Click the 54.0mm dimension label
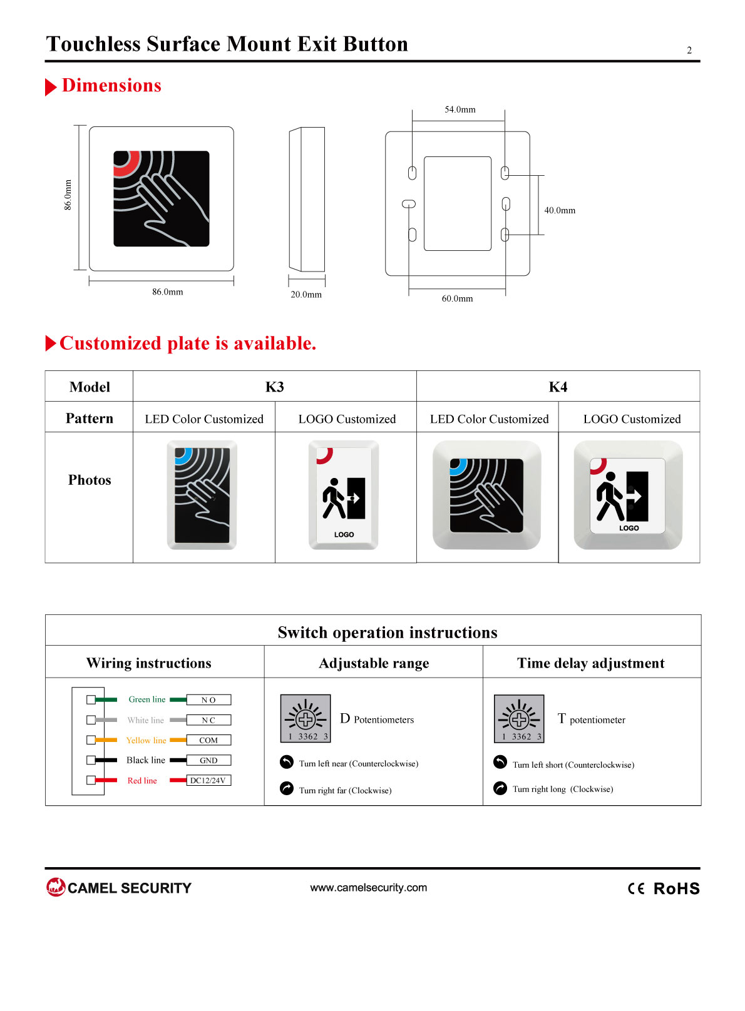click(460, 109)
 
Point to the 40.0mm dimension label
click(560, 210)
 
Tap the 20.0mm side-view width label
click(306, 294)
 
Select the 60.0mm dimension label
click(457, 298)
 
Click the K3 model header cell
click(274, 387)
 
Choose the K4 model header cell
click(558, 387)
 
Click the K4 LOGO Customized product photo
click(628, 495)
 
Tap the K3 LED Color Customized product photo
click(202, 495)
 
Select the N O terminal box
click(208, 699)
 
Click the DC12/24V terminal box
click(208, 780)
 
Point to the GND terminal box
click(208, 760)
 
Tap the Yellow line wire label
click(146, 740)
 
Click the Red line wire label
click(141, 780)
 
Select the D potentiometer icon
click(306, 719)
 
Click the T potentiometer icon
click(519, 719)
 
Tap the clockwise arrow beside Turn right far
click(287, 788)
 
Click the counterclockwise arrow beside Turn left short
click(500, 762)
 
